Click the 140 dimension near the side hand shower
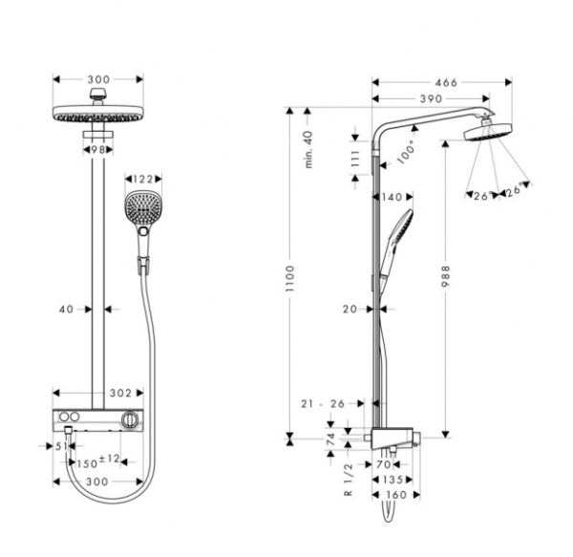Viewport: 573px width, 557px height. point(390,197)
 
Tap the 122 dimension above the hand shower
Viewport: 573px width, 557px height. point(143,179)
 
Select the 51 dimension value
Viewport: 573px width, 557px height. point(61,445)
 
